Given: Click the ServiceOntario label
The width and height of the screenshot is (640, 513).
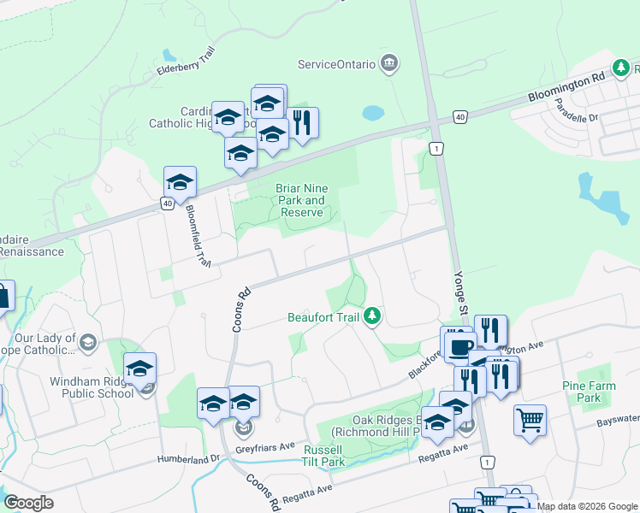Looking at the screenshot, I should click(336, 64).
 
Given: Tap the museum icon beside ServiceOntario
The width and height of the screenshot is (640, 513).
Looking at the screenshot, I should click(389, 63).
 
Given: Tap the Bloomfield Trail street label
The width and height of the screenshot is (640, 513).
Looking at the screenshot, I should click(198, 240).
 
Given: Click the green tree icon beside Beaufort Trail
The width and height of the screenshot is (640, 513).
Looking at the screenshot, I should click(372, 317).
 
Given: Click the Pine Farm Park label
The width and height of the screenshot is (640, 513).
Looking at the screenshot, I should click(588, 392).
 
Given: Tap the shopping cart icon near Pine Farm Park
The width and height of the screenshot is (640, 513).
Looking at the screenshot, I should click(530, 419).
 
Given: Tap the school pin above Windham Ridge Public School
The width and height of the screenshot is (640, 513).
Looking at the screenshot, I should click(139, 369).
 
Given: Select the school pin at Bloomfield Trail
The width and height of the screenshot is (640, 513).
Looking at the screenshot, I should click(181, 182).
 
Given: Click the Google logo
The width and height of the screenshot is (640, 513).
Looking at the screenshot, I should click(28, 503).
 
